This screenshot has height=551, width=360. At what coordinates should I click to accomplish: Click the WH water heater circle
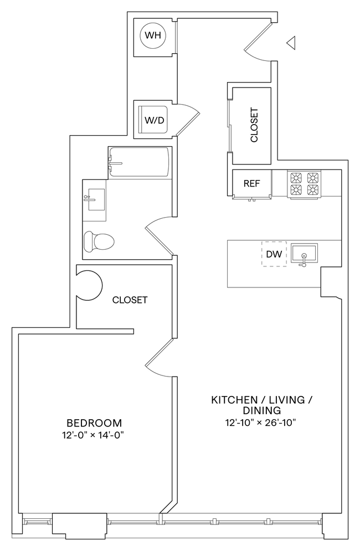click(153, 36)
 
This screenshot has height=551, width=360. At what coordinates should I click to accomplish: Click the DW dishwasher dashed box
click(274, 254)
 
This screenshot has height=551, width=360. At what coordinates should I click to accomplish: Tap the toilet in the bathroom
click(97, 241)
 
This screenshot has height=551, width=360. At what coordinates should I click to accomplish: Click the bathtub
click(139, 163)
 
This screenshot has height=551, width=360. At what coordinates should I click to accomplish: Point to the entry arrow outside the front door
click(291, 42)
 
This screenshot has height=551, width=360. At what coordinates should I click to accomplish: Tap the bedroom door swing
click(161, 359)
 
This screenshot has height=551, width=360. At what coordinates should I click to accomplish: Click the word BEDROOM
click(92, 422)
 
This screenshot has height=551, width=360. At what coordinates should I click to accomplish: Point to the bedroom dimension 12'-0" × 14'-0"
click(92, 435)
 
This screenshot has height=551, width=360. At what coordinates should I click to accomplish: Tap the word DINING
click(261, 411)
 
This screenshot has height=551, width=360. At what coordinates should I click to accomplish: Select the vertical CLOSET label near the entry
click(254, 125)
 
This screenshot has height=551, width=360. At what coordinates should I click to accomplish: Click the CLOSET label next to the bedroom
click(130, 300)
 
